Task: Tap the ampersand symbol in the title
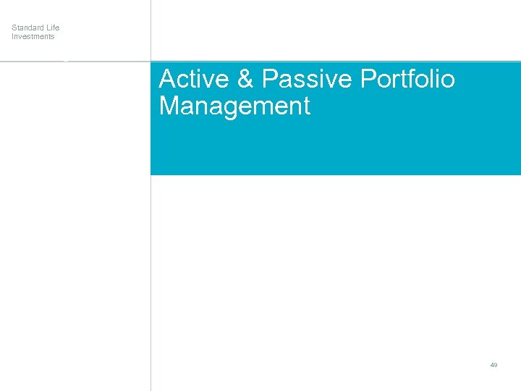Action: (245, 79)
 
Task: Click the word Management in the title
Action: (234, 106)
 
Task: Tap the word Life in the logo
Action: (54, 28)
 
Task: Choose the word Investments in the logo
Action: (33, 36)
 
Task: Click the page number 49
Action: (494, 365)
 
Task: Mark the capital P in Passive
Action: (270, 79)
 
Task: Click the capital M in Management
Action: (169, 106)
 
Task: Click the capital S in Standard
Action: (14, 28)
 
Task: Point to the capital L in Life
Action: (48, 28)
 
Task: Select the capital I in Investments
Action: (12, 36)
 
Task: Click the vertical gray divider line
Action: (151, 290)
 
